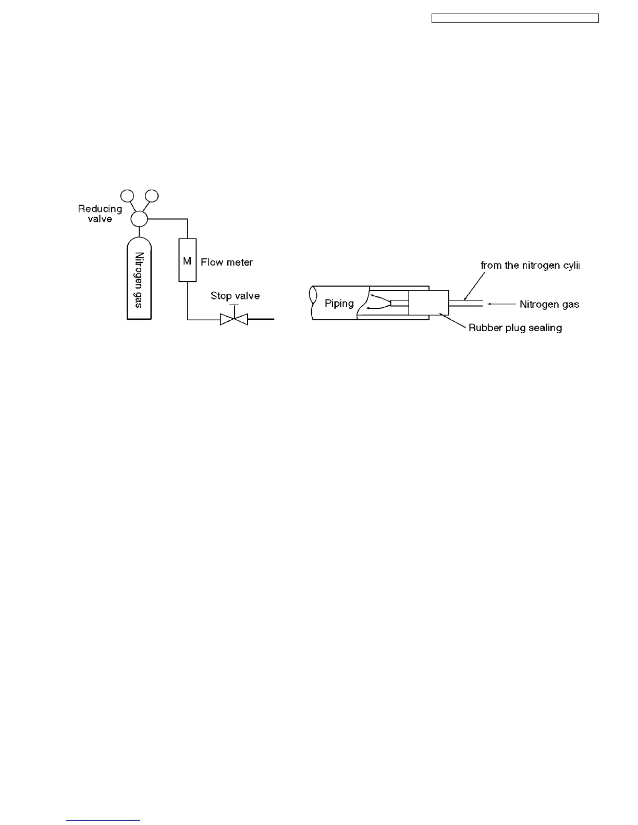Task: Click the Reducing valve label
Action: coord(100,214)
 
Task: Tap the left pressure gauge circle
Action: coord(127,196)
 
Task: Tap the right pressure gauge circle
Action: coord(152,196)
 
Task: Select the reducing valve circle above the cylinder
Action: coord(139,219)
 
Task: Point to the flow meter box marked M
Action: coord(187,260)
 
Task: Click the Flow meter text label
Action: coord(227,262)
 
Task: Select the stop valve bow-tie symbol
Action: coord(234,319)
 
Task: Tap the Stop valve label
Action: coord(235,296)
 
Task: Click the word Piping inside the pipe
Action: coord(339,303)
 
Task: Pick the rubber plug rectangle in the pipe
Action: coord(428,303)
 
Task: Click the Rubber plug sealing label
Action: coord(515,328)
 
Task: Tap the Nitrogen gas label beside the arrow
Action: coord(549,304)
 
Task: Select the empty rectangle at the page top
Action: coord(515,19)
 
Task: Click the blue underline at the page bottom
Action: coord(104,821)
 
